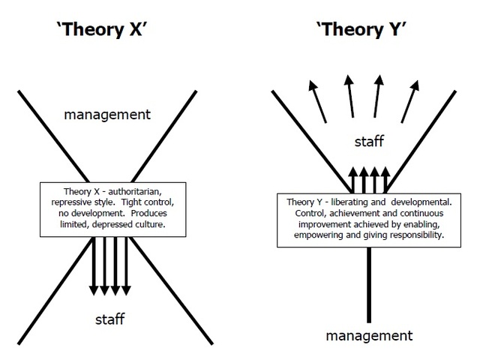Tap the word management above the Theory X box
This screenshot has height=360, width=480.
[x=118, y=115]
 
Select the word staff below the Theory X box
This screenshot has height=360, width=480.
[x=109, y=319]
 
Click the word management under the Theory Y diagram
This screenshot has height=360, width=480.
[x=369, y=334]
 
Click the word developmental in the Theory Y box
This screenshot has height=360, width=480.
[x=421, y=202]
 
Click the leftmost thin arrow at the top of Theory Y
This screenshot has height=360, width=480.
[x=319, y=102]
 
